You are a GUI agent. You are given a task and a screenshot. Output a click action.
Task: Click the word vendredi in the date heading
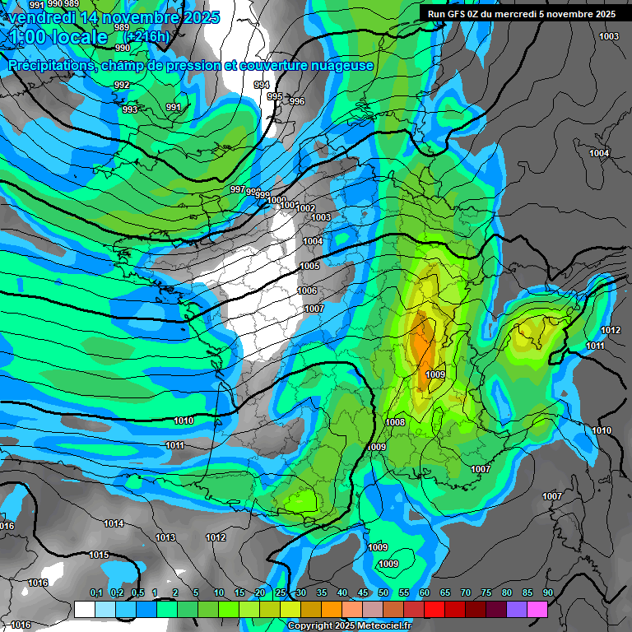click(44, 16)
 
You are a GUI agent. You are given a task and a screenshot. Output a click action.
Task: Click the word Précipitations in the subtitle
click(49, 66)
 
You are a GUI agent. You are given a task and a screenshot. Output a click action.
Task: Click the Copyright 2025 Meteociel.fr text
click(350, 625)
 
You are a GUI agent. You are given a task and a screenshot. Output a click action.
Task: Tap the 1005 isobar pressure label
click(309, 266)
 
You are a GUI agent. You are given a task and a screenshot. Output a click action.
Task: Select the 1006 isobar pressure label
click(307, 290)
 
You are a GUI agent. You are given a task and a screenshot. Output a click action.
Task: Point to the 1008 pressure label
click(395, 422)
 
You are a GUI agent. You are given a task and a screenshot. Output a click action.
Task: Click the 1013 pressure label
click(165, 537)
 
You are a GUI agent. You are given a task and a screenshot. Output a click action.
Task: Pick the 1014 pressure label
click(114, 523)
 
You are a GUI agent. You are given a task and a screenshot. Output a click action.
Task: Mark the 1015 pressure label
click(99, 555)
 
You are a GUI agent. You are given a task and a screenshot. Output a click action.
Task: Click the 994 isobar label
click(262, 85)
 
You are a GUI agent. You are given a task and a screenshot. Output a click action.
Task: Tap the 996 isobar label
click(297, 101)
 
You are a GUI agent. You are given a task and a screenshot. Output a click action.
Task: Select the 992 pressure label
click(122, 85)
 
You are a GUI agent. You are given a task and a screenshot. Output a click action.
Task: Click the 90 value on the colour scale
click(547, 592)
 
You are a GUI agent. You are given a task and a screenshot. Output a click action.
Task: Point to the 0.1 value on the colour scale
click(95, 592)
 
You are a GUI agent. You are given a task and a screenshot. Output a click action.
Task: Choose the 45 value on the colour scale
click(363, 592)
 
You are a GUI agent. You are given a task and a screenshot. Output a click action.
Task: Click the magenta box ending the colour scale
click(537, 609)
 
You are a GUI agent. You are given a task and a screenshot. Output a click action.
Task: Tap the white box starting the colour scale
click(84, 609)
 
